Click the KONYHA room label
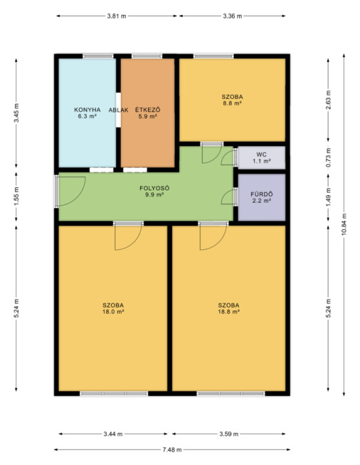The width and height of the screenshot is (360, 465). (x=87, y=110)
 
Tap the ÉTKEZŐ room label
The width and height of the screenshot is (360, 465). (x=147, y=109)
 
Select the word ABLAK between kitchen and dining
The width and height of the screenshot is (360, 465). (x=118, y=110)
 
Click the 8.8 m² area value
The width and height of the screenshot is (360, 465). (x=232, y=103)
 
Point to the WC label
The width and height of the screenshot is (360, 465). (x=262, y=154)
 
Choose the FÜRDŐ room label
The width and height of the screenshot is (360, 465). (x=262, y=194)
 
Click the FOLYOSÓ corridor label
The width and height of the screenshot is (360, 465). (x=154, y=188)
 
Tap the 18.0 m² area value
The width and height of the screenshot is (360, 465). (x=113, y=312)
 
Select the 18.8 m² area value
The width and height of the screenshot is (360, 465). (x=229, y=312)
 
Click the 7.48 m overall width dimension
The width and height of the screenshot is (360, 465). (x=172, y=449)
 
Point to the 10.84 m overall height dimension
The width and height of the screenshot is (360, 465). (x=344, y=225)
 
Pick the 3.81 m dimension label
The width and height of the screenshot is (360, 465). (x=116, y=16)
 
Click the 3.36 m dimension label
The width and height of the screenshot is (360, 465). (x=233, y=16)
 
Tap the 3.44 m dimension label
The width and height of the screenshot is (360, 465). (x=113, y=434)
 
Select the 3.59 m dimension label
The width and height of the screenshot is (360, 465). (x=229, y=434)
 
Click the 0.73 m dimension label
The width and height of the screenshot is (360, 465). (x=328, y=157)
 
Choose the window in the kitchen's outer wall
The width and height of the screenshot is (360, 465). (x=98, y=56)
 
